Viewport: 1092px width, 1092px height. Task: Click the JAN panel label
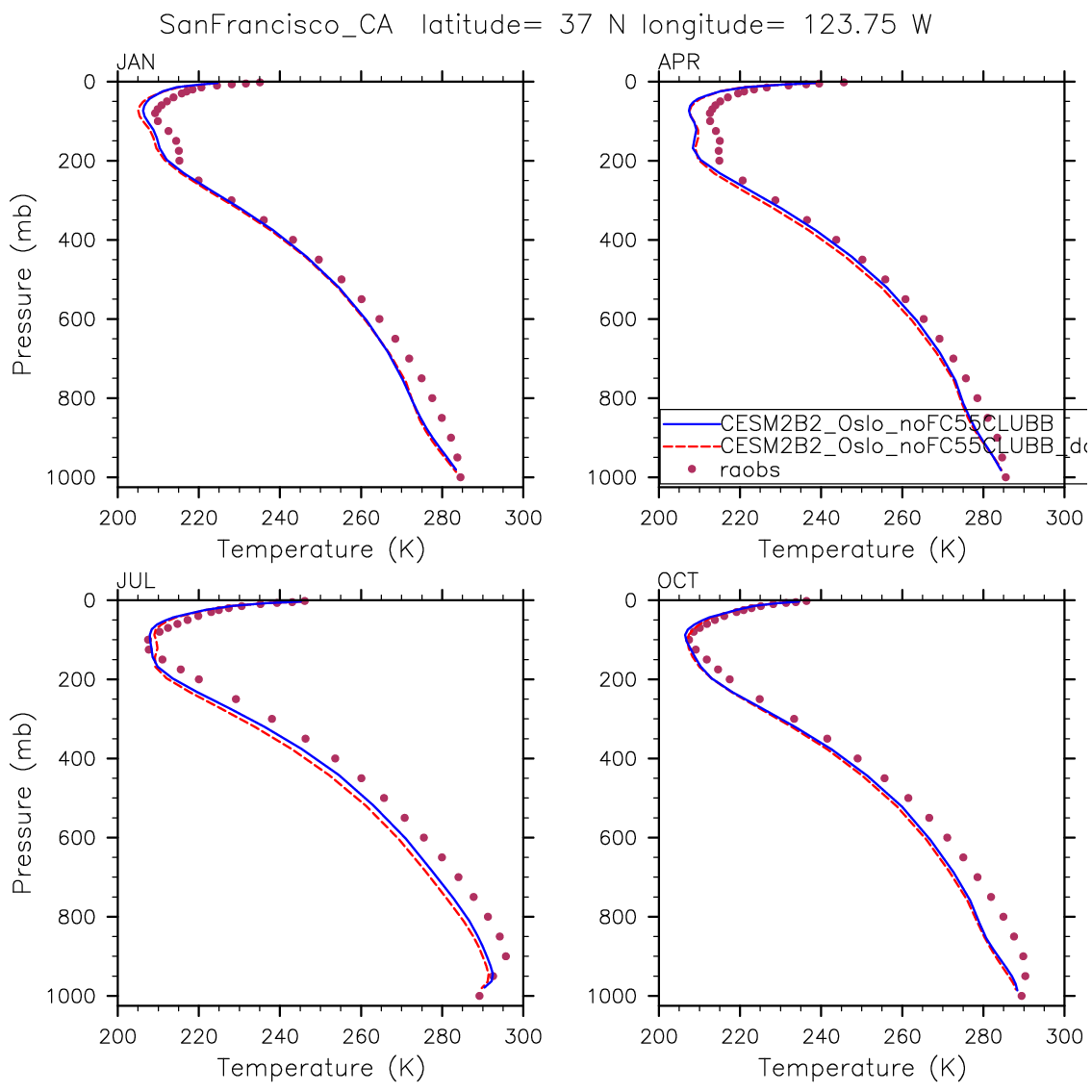click(136, 63)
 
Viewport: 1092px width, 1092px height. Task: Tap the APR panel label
click(678, 63)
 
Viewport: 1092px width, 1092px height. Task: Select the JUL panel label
click(136, 581)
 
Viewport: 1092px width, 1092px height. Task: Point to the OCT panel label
click(678, 581)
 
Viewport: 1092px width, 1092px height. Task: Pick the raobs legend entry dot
click(691, 470)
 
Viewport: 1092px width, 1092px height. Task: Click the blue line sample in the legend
click(690, 423)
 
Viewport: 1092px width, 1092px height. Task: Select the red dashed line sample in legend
click(690, 446)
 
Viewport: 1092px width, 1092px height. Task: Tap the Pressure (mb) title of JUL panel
click(23, 802)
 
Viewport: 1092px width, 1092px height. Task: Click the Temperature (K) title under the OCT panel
click(862, 1067)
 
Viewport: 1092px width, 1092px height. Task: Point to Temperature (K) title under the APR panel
click(862, 548)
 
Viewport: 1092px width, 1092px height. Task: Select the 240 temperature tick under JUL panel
click(280, 1036)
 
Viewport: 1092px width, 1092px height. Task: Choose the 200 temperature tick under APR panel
click(659, 518)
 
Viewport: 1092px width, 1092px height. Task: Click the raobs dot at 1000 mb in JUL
click(479, 995)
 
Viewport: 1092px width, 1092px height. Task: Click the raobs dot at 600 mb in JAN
click(379, 318)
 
